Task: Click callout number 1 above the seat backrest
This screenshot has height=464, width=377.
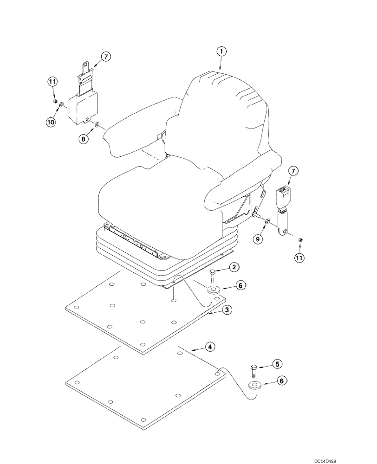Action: [222, 52]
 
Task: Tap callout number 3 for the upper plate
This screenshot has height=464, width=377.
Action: [226, 310]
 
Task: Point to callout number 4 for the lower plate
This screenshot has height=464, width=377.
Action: [210, 347]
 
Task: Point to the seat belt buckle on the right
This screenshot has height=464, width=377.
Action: [283, 197]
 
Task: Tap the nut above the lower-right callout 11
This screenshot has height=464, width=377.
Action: [299, 239]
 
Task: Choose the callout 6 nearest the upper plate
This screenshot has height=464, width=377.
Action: [240, 286]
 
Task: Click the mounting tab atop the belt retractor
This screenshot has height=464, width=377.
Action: [85, 69]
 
